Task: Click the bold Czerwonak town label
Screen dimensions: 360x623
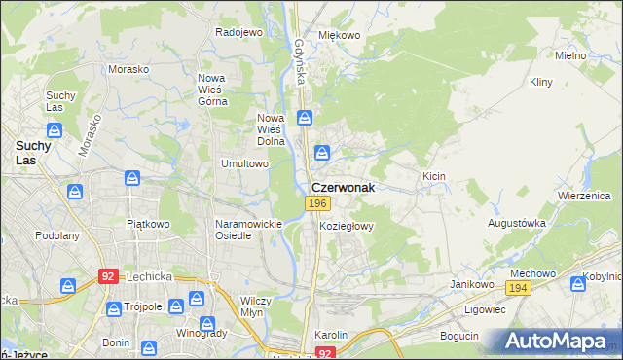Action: pyautogui.click(x=343, y=188)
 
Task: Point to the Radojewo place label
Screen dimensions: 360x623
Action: pyautogui.click(x=239, y=32)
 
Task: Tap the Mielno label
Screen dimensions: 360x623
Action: pyautogui.click(x=569, y=55)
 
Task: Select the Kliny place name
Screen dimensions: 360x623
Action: pyautogui.click(x=542, y=84)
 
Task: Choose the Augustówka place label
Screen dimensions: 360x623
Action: pyautogui.click(x=516, y=223)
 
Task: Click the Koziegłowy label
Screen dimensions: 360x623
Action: pyautogui.click(x=347, y=225)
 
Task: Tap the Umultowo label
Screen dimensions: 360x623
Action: pyautogui.click(x=244, y=163)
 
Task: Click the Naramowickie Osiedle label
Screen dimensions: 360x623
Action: pyautogui.click(x=247, y=230)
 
